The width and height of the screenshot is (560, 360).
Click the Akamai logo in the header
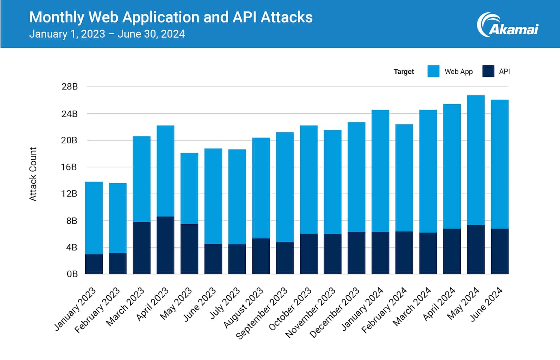[507, 25]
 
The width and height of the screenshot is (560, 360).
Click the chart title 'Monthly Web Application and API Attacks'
[171, 17]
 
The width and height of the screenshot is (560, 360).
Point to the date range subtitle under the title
[107, 34]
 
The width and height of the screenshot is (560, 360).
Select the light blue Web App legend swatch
[433, 71]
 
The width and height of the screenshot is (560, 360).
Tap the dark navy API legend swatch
[488, 71]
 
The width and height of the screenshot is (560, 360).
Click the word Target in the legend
[404, 72]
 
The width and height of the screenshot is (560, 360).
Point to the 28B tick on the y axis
[70, 87]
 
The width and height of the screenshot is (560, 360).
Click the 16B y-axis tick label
[69, 167]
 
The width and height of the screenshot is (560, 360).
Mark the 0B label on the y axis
[72, 274]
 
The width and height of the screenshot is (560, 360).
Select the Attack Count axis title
[33, 174]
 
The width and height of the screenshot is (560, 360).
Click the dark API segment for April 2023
[165, 245]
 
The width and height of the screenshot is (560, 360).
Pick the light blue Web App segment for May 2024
[476, 160]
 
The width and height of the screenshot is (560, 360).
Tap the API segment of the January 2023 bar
[94, 264]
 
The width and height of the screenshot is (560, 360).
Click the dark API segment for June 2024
[499, 251]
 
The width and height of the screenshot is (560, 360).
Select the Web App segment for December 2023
[356, 177]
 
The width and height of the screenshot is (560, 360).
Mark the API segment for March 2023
[142, 248]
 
